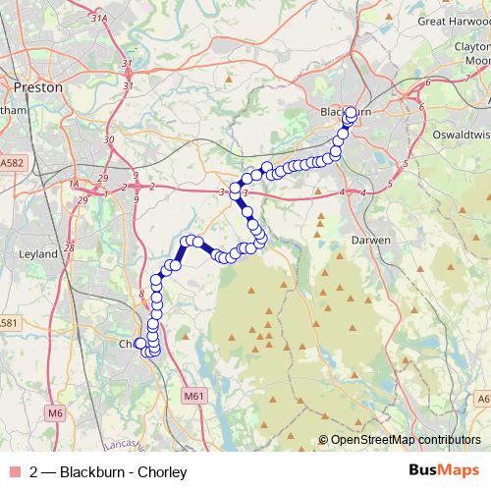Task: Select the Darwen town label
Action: click(x=371, y=239)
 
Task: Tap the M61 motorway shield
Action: click(x=193, y=396)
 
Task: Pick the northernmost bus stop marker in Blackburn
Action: click(x=352, y=111)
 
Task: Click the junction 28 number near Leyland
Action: click(x=69, y=248)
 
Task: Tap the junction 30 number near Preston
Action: click(x=107, y=139)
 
